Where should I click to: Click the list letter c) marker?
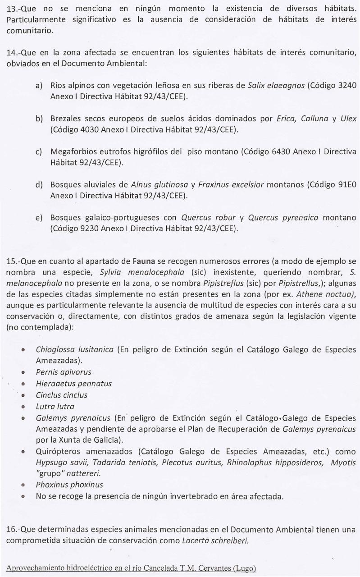pyautogui.click(x=39, y=151)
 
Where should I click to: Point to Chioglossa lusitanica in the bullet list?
pyautogui.click(x=74, y=350)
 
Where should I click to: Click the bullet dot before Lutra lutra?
pyautogui.click(x=23, y=407)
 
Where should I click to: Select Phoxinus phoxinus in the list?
pyautogui.click(x=69, y=485)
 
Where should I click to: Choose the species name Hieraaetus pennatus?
pyautogui.click(x=74, y=384)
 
